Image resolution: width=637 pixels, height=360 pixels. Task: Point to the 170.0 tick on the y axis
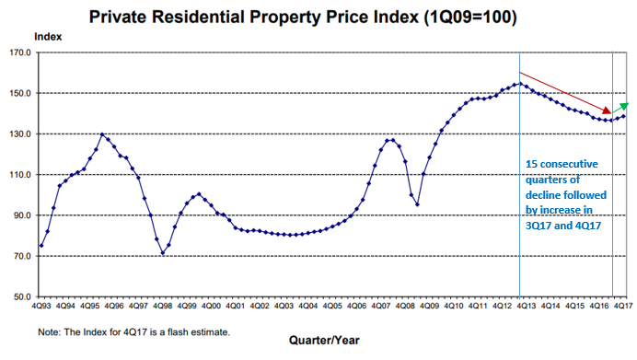[x=20, y=52]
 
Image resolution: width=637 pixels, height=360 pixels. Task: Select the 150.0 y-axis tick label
[x=20, y=93]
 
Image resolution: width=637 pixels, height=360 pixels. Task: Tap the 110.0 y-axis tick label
[x=20, y=175]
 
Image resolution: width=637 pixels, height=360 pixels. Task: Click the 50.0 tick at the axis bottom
[x=22, y=296]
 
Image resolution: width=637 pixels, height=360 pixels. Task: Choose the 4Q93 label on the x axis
[x=41, y=305]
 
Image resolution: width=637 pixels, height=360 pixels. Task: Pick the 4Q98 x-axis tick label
[x=162, y=305]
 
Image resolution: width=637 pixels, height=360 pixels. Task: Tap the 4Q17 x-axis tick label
[x=622, y=305]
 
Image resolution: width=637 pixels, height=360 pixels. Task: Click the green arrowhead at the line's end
[x=627, y=106]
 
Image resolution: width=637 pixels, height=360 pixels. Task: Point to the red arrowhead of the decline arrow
[x=607, y=110]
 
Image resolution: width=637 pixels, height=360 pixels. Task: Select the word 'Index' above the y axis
[x=48, y=35]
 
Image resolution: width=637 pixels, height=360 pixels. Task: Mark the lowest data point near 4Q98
[x=163, y=253]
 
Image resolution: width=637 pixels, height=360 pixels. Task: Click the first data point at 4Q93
[x=41, y=246]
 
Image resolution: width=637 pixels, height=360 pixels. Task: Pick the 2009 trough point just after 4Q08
[x=417, y=204]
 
